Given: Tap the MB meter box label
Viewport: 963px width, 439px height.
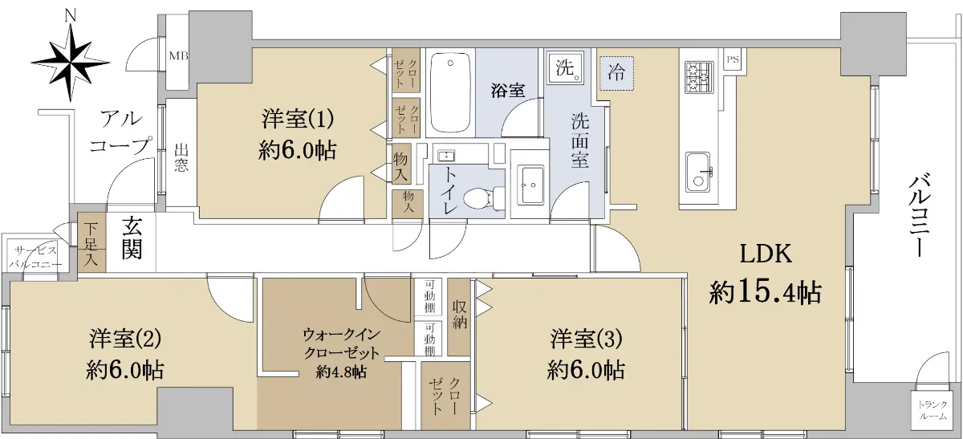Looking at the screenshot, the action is pos(178,56).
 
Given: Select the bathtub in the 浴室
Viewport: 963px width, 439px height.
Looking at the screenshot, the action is pos(450,93).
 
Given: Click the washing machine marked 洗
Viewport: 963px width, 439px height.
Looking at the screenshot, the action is pos(565,68).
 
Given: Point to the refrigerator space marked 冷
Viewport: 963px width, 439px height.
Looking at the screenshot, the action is pos(616,73).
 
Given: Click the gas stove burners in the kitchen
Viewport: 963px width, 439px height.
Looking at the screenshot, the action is pos(699,77).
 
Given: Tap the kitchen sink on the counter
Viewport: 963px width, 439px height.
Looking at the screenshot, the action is pos(698,172).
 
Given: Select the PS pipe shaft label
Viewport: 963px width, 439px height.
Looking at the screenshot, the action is pos(733,59).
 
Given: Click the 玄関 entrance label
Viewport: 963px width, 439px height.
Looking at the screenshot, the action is pos(132,243).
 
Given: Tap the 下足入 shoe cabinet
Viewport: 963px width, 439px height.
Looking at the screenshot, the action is pos(91,242).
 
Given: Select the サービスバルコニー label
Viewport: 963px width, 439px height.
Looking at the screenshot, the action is pos(35,257).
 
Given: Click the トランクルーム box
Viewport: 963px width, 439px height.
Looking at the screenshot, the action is pos(933,410).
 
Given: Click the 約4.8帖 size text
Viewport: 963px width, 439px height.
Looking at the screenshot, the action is pos(341,372).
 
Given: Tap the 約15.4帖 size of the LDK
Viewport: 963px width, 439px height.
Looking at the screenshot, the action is pos(766,292).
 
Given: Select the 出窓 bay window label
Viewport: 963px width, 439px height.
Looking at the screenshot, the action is pos(181,158).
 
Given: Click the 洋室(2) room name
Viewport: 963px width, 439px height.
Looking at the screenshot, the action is pos(125,338).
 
